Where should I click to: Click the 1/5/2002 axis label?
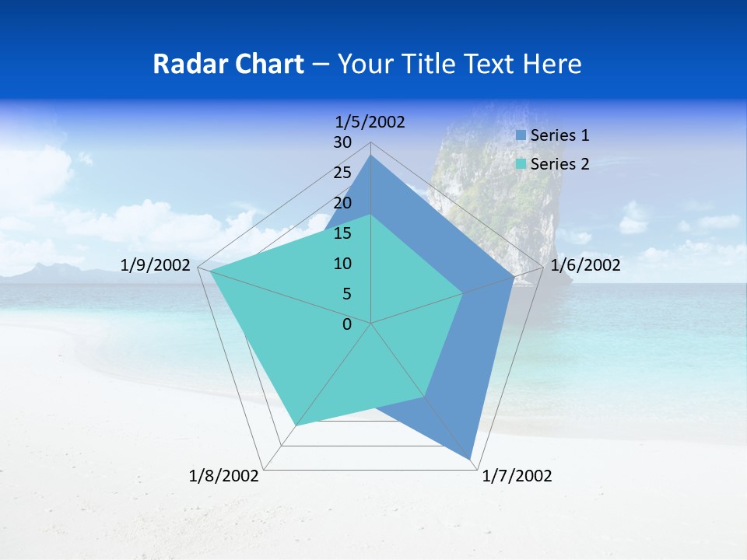(370, 121)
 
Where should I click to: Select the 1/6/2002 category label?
(585, 265)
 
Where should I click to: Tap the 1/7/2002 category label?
(517, 476)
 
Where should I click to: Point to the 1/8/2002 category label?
(224, 476)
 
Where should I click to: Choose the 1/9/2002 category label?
(156, 265)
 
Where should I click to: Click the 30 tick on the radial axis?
(342, 142)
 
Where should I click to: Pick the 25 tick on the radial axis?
(342, 173)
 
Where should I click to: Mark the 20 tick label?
(342, 203)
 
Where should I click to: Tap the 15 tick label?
(342, 233)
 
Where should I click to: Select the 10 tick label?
(342, 264)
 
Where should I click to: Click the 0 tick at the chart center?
(347, 324)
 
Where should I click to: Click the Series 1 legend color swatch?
(521, 135)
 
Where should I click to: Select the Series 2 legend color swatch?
(521, 164)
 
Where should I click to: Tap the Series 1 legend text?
(559, 135)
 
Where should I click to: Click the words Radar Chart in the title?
(228, 64)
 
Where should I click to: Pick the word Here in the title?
(552, 64)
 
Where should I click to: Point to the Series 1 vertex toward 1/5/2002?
(371, 156)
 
